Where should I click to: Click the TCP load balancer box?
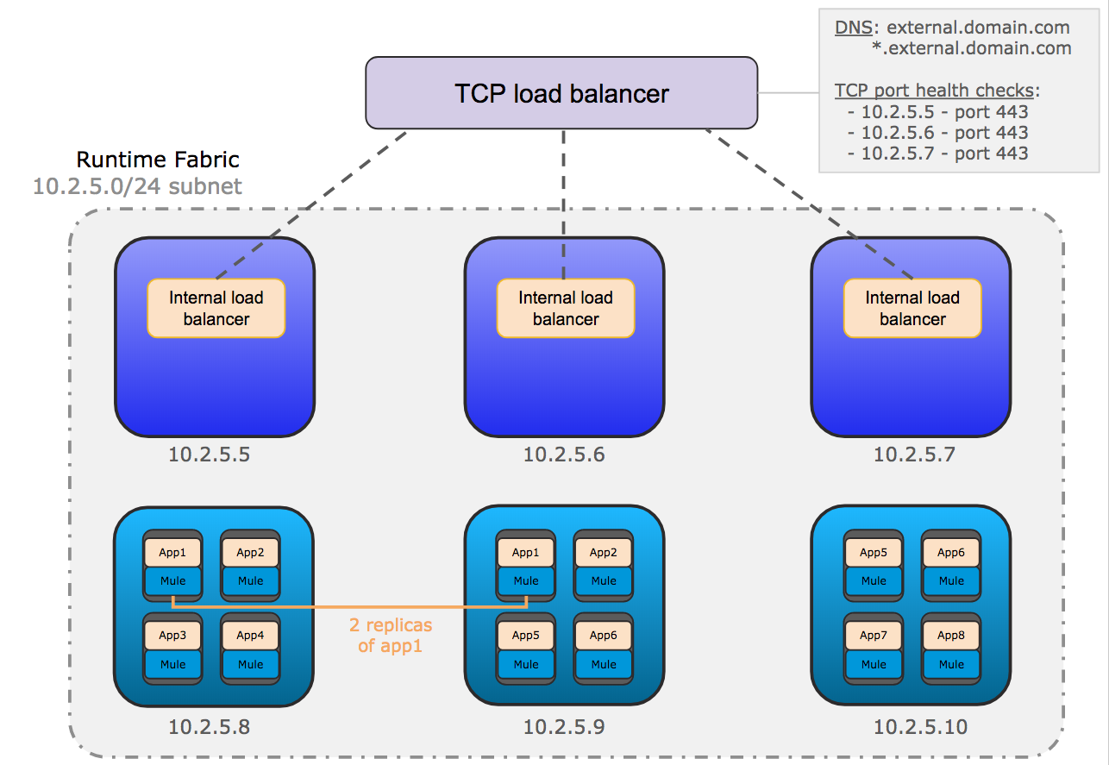(561, 93)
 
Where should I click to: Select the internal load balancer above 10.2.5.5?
(216, 308)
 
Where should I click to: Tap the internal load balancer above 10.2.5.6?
(566, 308)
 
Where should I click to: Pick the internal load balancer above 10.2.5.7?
(912, 308)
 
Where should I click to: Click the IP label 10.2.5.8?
(209, 727)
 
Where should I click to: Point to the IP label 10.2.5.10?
(920, 727)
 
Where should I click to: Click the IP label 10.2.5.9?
(564, 727)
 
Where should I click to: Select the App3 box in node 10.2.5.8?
(172, 636)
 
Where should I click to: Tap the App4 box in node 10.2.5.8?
(250, 636)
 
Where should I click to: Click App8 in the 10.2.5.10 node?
(951, 636)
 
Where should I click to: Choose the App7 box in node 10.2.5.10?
(874, 636)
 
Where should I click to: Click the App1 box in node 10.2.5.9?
(525, 553)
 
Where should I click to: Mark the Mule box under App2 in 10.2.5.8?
(250, 581)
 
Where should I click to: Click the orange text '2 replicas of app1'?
(391, 635)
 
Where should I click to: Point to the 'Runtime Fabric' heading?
(158, 160)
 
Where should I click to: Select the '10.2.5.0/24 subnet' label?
(138, 185)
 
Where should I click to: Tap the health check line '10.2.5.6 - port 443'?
(938, 133)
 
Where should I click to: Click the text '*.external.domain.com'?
(971, 48)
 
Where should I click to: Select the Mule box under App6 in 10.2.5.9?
(604, 664)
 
